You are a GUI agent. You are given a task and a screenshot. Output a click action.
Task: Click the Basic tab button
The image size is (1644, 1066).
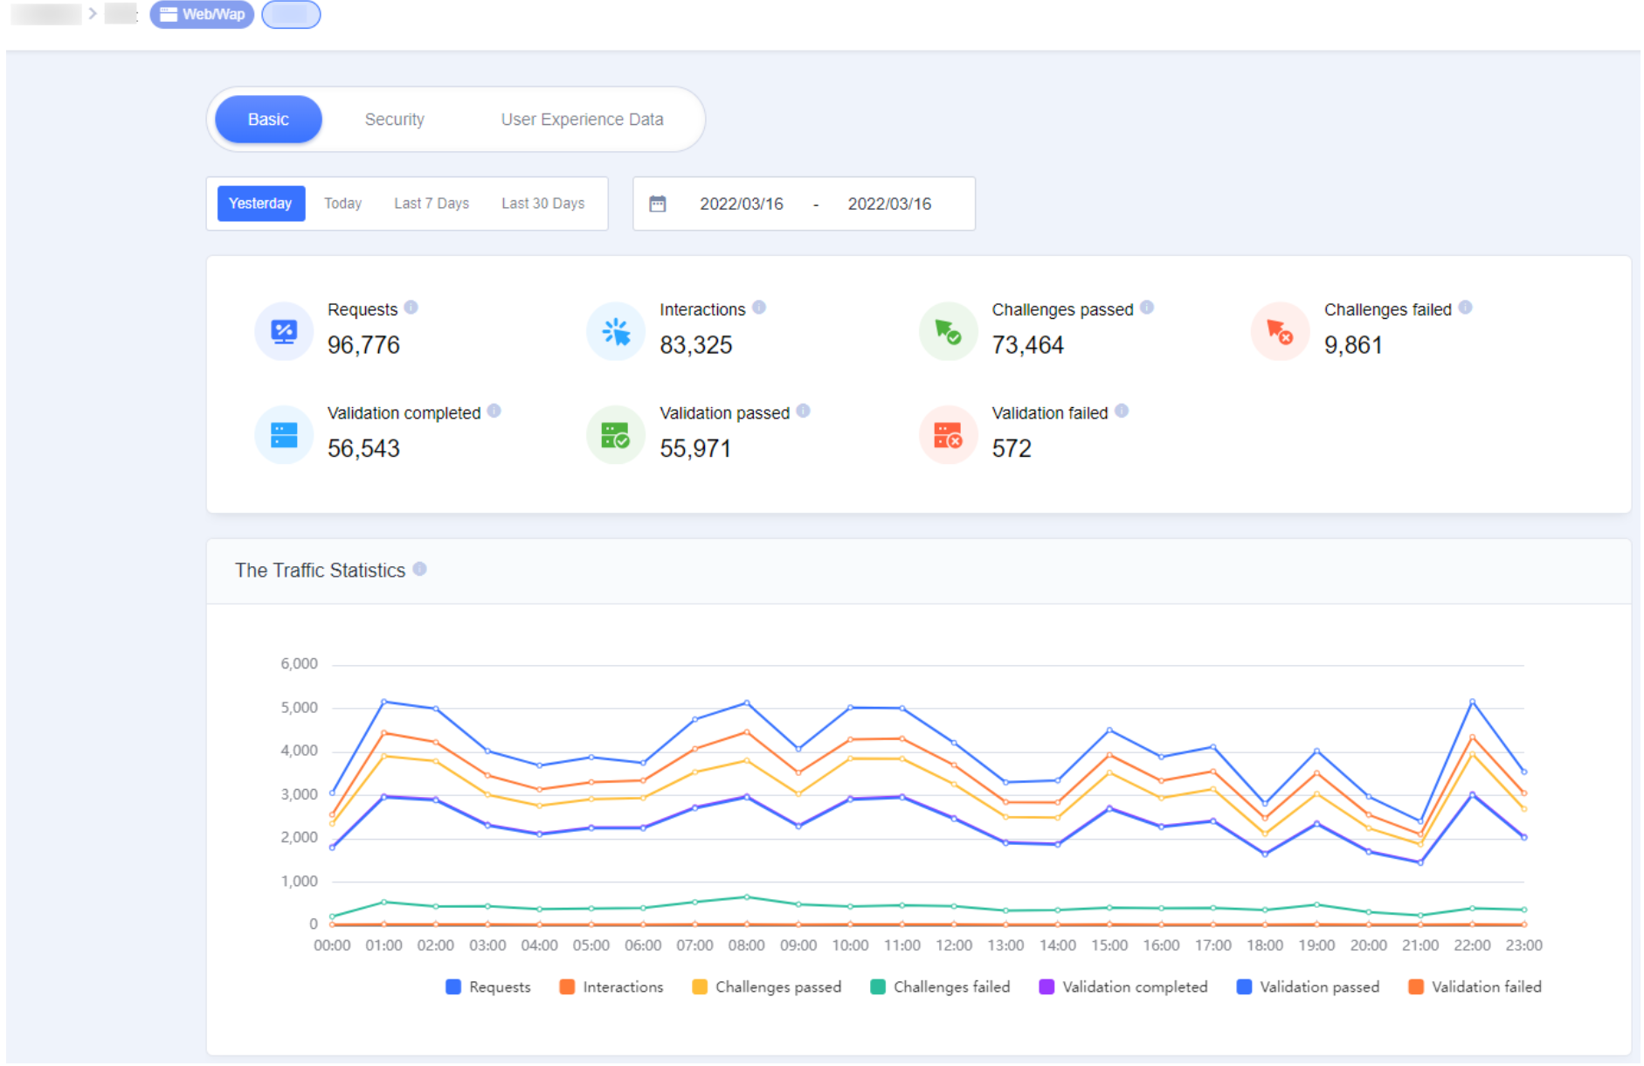point(268,119)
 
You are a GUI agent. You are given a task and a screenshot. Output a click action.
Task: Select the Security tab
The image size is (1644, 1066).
point(394,119)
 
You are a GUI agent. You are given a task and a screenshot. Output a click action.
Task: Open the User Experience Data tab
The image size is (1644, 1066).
point(582,119)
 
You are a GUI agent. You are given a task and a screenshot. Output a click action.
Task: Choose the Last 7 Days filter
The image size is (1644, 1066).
point(431,204)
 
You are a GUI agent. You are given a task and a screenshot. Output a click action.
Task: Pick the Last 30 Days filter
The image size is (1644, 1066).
point(542,204)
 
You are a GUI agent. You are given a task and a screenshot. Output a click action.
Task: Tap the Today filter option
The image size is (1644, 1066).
point(342,204)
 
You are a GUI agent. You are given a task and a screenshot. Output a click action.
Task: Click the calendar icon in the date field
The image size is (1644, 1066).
point(658,204)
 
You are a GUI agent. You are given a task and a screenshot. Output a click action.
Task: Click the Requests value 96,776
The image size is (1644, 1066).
point(363,345)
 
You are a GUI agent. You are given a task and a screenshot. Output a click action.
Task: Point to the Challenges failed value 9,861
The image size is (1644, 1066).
point(1352,345)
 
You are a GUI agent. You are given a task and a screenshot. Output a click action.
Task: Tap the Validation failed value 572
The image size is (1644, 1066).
point(1011,448)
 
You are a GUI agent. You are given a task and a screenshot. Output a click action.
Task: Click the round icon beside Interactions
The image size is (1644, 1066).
point(616,331)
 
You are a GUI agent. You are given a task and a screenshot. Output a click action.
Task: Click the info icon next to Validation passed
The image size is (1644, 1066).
point(804,411)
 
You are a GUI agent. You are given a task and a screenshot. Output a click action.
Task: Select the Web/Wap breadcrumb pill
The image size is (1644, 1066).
point(202,14)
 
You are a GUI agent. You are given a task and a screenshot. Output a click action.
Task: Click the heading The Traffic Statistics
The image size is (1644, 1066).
point(320,571)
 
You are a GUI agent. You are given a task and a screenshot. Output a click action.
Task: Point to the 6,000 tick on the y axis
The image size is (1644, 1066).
point(299,664)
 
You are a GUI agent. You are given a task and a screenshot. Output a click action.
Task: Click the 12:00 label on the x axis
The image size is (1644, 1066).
point(953,945)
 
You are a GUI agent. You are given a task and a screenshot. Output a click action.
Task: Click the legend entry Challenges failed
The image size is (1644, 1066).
point(940,986)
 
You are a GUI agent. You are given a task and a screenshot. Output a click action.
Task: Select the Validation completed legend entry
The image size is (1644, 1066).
point(1123,986)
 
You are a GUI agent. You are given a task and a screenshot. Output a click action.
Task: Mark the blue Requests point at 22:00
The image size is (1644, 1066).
point(1472,702)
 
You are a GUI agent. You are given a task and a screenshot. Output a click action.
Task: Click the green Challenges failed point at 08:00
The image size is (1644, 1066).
point(747,897)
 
